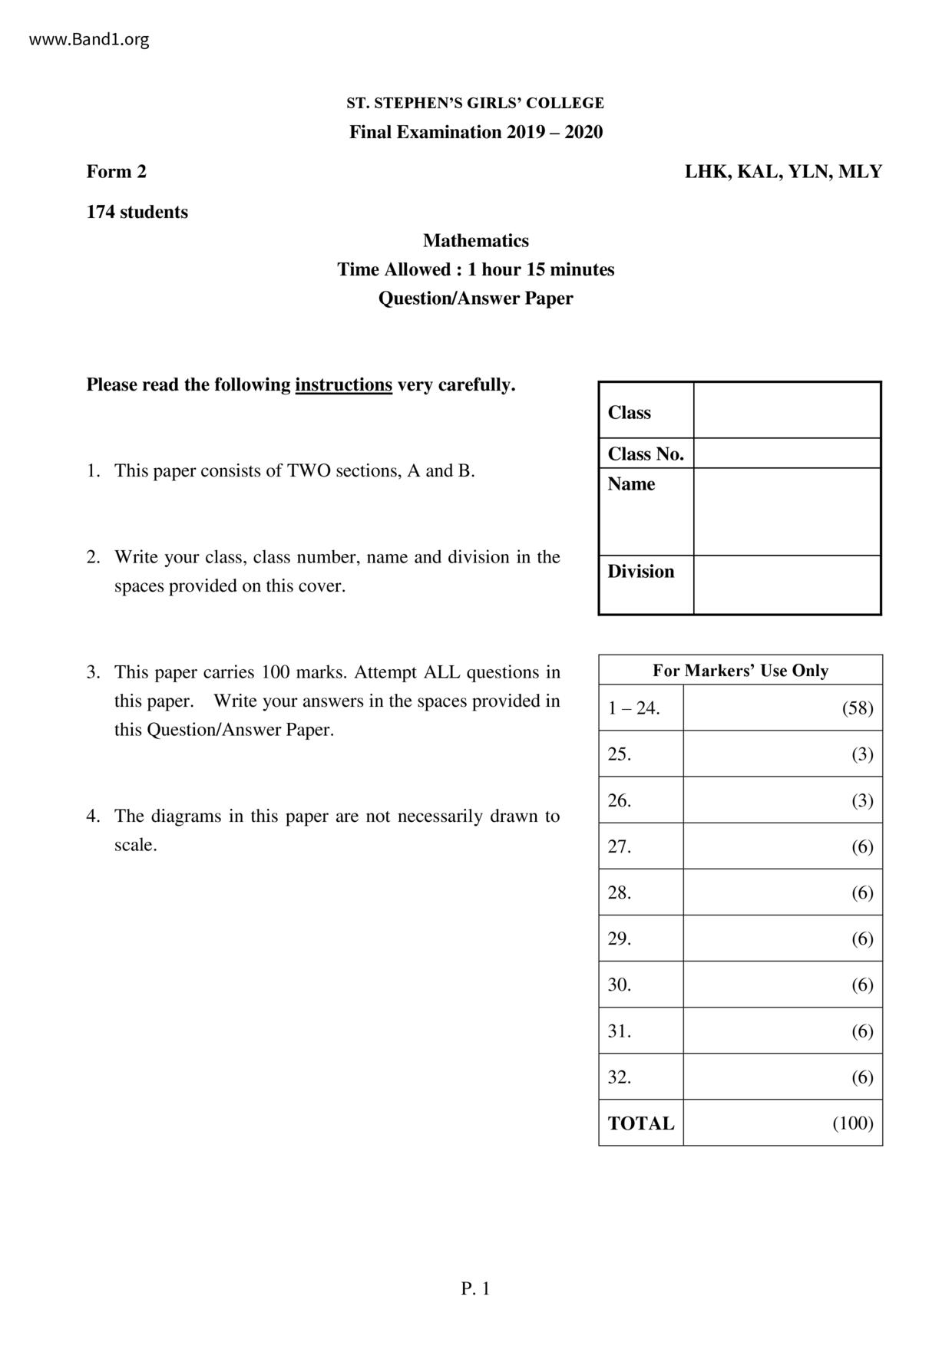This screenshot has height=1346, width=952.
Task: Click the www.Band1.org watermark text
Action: [x=89, y=40]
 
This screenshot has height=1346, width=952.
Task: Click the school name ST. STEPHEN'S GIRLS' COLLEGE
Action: [x=475, y=103]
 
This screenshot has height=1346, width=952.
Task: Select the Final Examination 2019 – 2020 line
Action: [x=476, y=132]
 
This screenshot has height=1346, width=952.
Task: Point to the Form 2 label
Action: [x=116, y=172]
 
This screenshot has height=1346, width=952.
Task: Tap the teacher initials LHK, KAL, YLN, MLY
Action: [x=783, y=172]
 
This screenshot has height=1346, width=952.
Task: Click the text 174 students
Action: [x=137, y=213]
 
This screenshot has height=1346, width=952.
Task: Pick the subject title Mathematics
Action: [x=476, y=241]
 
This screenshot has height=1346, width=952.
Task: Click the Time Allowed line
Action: [x=476, y=270]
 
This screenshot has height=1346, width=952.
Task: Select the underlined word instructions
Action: [x=343, y=385]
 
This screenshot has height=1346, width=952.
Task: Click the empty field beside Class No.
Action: [x=786, y=454]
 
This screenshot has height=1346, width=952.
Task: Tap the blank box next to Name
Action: [x=786, y=511]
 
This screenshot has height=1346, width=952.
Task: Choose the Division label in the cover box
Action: [x=641, y=572]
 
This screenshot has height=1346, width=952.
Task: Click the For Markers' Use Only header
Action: [x=740, y=671]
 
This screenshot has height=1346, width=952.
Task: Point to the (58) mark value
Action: [x=858, y=708]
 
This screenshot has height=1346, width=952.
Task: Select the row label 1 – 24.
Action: [x=633, y=708]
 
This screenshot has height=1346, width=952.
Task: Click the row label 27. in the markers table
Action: [x=620, y=847]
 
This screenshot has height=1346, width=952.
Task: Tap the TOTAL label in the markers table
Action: [x=641, y=1123]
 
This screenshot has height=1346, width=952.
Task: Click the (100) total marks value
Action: [x=853, y=1123]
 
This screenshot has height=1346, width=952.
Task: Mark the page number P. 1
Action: [x=475, y=1289]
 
